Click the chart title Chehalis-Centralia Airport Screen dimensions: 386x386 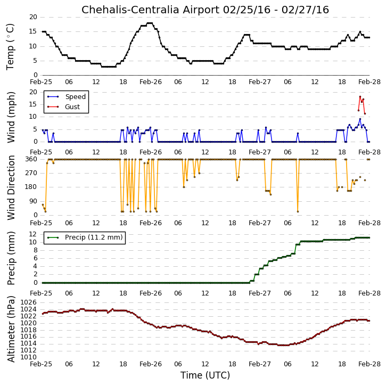[x=151, y=10]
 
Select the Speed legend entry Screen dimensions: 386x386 [x=67, y=97]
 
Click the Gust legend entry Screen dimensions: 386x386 [x=63, y=107]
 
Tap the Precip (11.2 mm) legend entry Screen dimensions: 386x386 [x=85, y=237]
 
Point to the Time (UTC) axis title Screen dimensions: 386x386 [x=205, y=375]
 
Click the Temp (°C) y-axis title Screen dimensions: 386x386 [x=10, y=47]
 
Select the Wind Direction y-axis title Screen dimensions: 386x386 [x=11, y=187]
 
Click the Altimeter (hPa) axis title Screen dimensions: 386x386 [x=11, y=329]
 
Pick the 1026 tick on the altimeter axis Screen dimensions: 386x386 [x=29, y=302]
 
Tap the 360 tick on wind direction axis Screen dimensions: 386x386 [x=31, y=159]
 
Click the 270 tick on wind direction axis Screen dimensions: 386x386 [x=31, y=173]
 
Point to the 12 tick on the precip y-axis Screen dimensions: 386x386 [x=33, y=234]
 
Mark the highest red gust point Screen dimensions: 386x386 [x=360, y=97]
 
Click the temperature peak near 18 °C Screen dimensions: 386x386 [x=150, y=23]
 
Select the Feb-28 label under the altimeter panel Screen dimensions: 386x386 [x=369, y=364]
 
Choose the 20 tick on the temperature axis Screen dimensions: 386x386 [x=33, y=17]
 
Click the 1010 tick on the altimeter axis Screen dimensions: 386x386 [x=29, y=357]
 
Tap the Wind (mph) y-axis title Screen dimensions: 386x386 [x=11, y=117]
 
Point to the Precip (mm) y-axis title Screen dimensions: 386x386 [x=11, y=258]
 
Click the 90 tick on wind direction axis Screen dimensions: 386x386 [x=34, y=201]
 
